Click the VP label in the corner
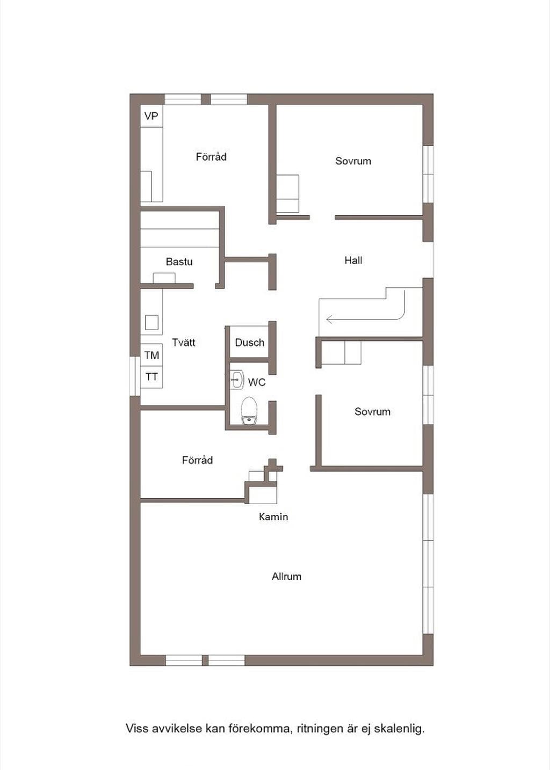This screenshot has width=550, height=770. point(151,116)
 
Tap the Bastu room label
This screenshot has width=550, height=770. point(179,261)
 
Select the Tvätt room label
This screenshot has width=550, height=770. point(184,343)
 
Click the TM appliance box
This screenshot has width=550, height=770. point(151,355)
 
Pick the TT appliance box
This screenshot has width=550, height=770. point(151,377)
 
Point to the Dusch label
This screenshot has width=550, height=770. point(250,343)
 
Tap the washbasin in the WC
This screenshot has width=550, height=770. point(237,380)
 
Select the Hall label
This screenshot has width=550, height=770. point(353,260)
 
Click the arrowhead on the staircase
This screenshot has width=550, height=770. point(329,319)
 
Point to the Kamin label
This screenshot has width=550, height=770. point(273,517)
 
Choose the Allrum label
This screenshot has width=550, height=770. point(286,577)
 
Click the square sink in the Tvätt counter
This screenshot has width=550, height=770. point(151,322)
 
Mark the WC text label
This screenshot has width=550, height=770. point(257,382)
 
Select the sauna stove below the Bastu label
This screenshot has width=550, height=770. point(164,278)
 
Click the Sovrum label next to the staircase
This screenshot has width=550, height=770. point(373,411)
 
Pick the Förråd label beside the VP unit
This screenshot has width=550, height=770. point(211,157)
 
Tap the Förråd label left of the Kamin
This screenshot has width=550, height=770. point(197,460)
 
